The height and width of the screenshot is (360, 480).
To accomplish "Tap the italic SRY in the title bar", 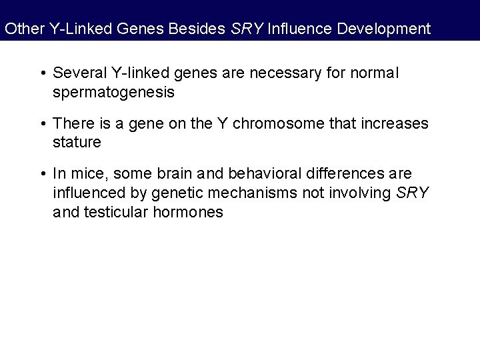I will pos(244,29).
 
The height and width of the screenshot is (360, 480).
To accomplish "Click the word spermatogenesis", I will pos(113,92).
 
